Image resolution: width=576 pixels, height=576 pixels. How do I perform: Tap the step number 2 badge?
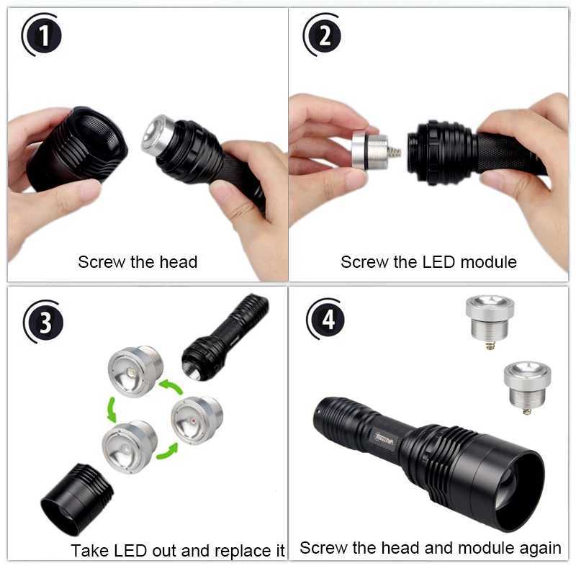(x=325, y=35)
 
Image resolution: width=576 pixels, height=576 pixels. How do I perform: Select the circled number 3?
(x=45, y=322)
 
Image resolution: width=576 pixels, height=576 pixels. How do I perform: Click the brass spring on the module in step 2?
(x=393, y=153)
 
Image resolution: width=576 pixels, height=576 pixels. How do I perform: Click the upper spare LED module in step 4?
(x=489, y=316)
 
